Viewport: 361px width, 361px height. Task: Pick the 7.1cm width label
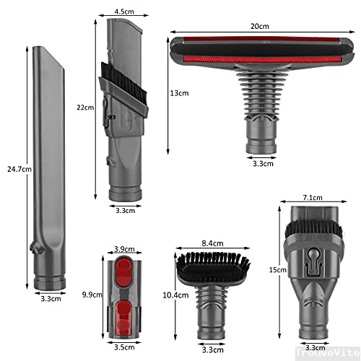coord(312,196)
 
